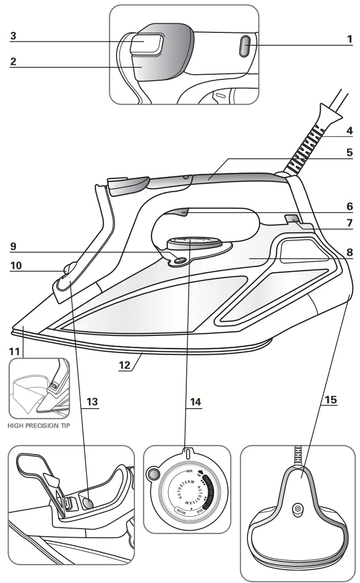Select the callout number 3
[13, 36]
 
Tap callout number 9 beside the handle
[13, 246]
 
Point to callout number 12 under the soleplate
[124, 365]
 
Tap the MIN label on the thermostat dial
[189, 471]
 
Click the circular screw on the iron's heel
[297, 508]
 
